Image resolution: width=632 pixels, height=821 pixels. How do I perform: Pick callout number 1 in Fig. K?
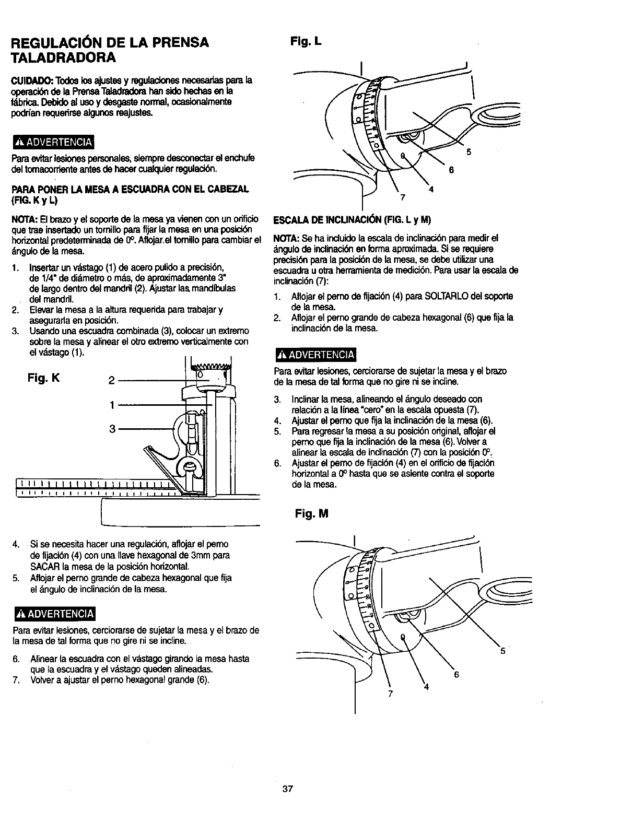point(112,404)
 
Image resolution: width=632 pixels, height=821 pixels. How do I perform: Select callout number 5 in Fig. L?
point(469,153)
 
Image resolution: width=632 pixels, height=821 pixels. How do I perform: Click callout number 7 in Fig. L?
point(402,197)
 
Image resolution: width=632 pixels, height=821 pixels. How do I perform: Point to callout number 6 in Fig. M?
point(456,674)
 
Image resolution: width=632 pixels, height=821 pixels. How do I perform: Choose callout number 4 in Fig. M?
point(426,687)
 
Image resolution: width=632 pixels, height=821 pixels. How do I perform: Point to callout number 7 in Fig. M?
point(390,694)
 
